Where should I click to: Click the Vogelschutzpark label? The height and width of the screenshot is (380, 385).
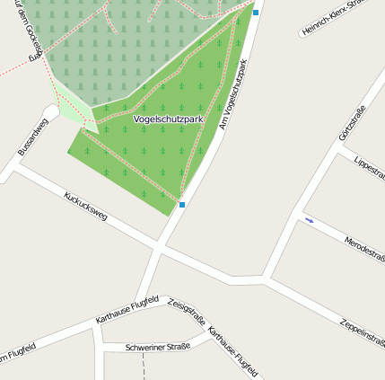point(168,118)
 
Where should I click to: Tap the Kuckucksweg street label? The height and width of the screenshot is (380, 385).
point(85,206)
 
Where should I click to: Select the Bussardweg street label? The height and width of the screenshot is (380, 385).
point(32,137)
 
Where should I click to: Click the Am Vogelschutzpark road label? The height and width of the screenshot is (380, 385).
point(232,94)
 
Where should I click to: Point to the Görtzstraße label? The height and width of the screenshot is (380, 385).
point(352,123)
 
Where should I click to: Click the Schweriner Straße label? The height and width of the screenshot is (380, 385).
point(158,347)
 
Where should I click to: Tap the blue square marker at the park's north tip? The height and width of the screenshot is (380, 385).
point(256,13)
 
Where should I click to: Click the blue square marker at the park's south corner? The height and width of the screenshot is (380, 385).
point(182,205)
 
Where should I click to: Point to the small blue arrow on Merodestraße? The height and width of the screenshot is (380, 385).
point(310,220)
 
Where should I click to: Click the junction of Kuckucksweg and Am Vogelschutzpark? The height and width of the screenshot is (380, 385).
point(162,244)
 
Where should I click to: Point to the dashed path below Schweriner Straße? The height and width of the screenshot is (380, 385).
point(143,367)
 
